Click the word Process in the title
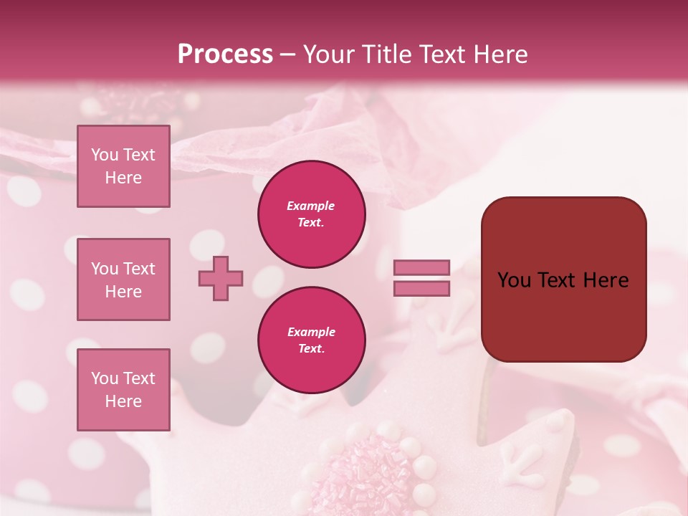point(225,54)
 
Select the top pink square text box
point(123,166)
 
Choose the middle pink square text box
point(123,279)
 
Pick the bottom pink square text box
point(123,390)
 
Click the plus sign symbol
point(221,278)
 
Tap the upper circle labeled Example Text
point(312,214)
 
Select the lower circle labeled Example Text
point(312,340)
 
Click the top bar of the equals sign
point(421,267)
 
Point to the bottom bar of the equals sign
point(421,289)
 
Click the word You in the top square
point(105,155)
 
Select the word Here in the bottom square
point(123,401)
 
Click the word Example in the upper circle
point(311,206)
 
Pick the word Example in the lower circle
point(311,332)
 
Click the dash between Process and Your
point(288,55)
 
